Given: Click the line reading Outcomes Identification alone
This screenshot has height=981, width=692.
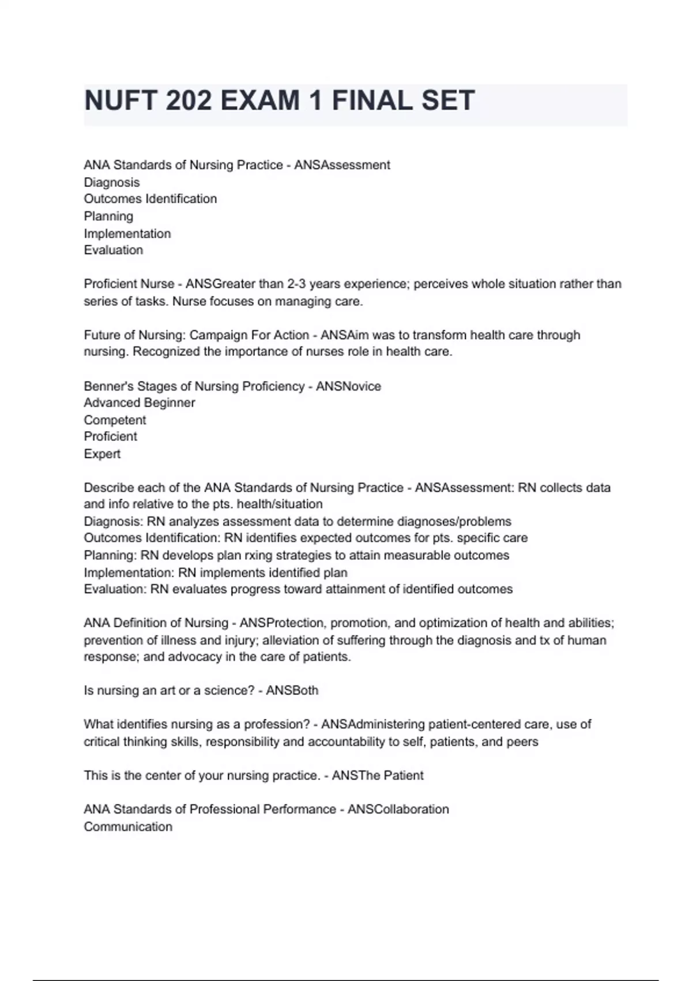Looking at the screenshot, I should click(x=151, y=199).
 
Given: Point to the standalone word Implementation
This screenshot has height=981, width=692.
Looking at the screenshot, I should click(x=127, y=234).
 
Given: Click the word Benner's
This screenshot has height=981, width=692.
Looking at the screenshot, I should click(x=108, y=386).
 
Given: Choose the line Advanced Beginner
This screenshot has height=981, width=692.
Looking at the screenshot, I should click(x=140, y=403).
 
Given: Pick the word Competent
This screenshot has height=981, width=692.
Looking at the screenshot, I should click(x=115, y=420).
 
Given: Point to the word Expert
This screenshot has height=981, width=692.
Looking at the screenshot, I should click(x=102, y=454).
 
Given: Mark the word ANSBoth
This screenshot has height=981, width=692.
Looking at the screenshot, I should click(x=292, y=691).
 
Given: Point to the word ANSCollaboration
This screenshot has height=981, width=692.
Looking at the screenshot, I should click(x=398, y=810).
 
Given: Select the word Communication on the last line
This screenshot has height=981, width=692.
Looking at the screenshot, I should click(x=128, y=827).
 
